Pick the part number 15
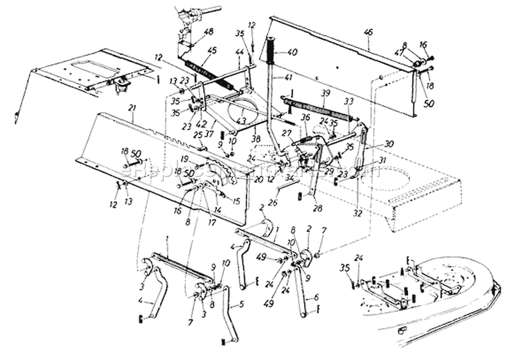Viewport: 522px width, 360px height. [239, 201]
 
